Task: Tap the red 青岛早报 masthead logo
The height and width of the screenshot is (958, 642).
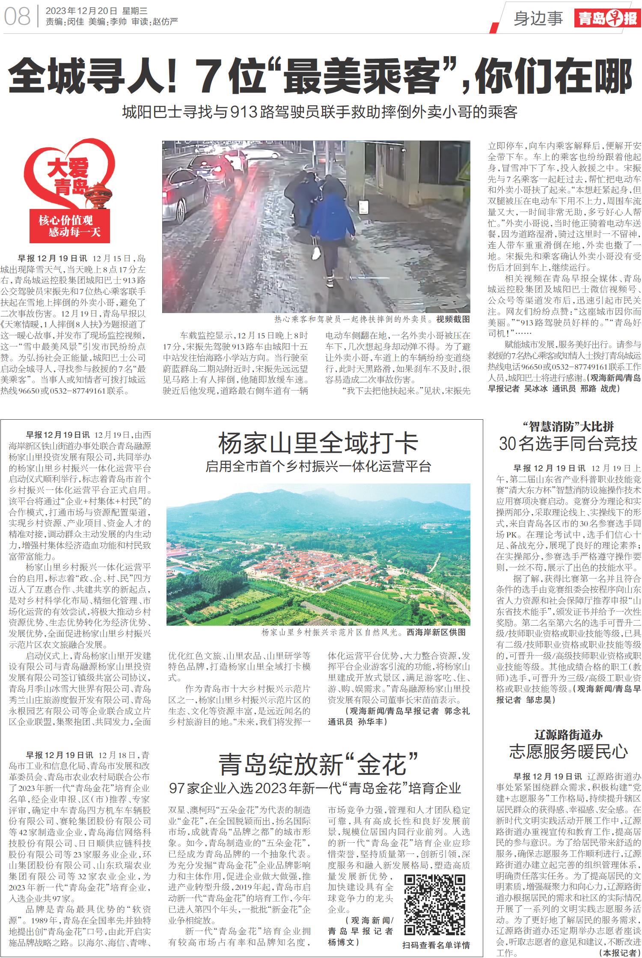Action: point(607,18)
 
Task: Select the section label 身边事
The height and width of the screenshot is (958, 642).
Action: point(538,18)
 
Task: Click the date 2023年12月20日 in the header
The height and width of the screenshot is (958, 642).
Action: point(81,11)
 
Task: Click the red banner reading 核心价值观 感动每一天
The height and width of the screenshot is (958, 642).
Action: point(70,226)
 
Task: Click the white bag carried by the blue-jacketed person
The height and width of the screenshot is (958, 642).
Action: point(316,252)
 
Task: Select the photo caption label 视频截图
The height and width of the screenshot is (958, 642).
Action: point(453,319)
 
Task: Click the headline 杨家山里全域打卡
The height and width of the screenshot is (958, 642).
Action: point(318,443)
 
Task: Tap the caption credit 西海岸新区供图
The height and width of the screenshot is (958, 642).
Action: point(436,632)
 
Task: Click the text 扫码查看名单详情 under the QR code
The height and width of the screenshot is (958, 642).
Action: point(436,945)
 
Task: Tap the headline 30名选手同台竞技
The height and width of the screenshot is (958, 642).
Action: point(568,444)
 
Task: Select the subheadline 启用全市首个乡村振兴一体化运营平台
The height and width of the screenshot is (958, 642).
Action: point(318,466)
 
